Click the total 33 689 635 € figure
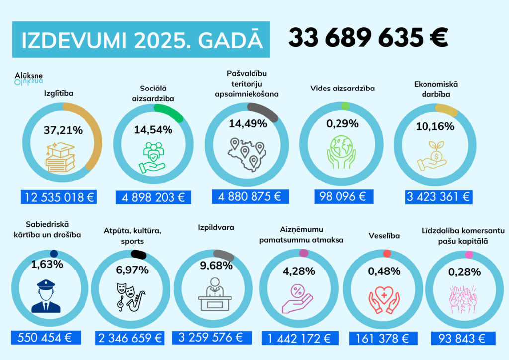coord(368,38)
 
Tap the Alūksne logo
coord(29,77)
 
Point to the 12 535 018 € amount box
coord(58,197)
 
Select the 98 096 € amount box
coord(343,196)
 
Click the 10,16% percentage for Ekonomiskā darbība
coord(435,126)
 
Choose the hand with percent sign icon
coord(297,297)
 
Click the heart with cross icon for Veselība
coord(383,297)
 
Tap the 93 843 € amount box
coord(461,339)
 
